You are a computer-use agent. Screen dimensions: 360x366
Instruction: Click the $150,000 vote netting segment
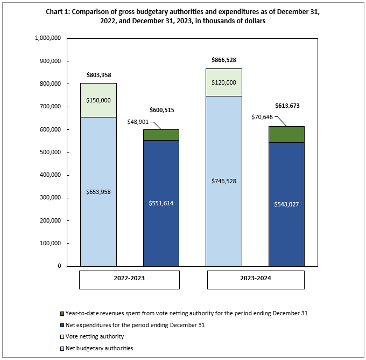pos(98,100)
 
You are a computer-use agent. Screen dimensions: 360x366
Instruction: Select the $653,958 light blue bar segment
pos(98,191)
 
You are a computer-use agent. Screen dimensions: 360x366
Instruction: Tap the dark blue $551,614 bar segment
pos(161,203)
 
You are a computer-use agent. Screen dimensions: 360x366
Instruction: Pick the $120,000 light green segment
pos(223,82)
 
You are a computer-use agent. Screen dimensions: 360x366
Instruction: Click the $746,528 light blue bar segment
pos(223,181)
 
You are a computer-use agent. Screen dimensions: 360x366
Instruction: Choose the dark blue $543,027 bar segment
pos(286,204)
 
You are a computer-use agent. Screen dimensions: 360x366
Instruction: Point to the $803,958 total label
pos(98,74)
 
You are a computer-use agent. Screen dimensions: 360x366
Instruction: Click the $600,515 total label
pos(161,110)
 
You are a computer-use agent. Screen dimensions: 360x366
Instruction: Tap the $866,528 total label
pos(223,60)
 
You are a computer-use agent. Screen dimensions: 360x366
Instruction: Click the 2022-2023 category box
pos(130,280)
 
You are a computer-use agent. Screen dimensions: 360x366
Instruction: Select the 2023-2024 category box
pos(256,280)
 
